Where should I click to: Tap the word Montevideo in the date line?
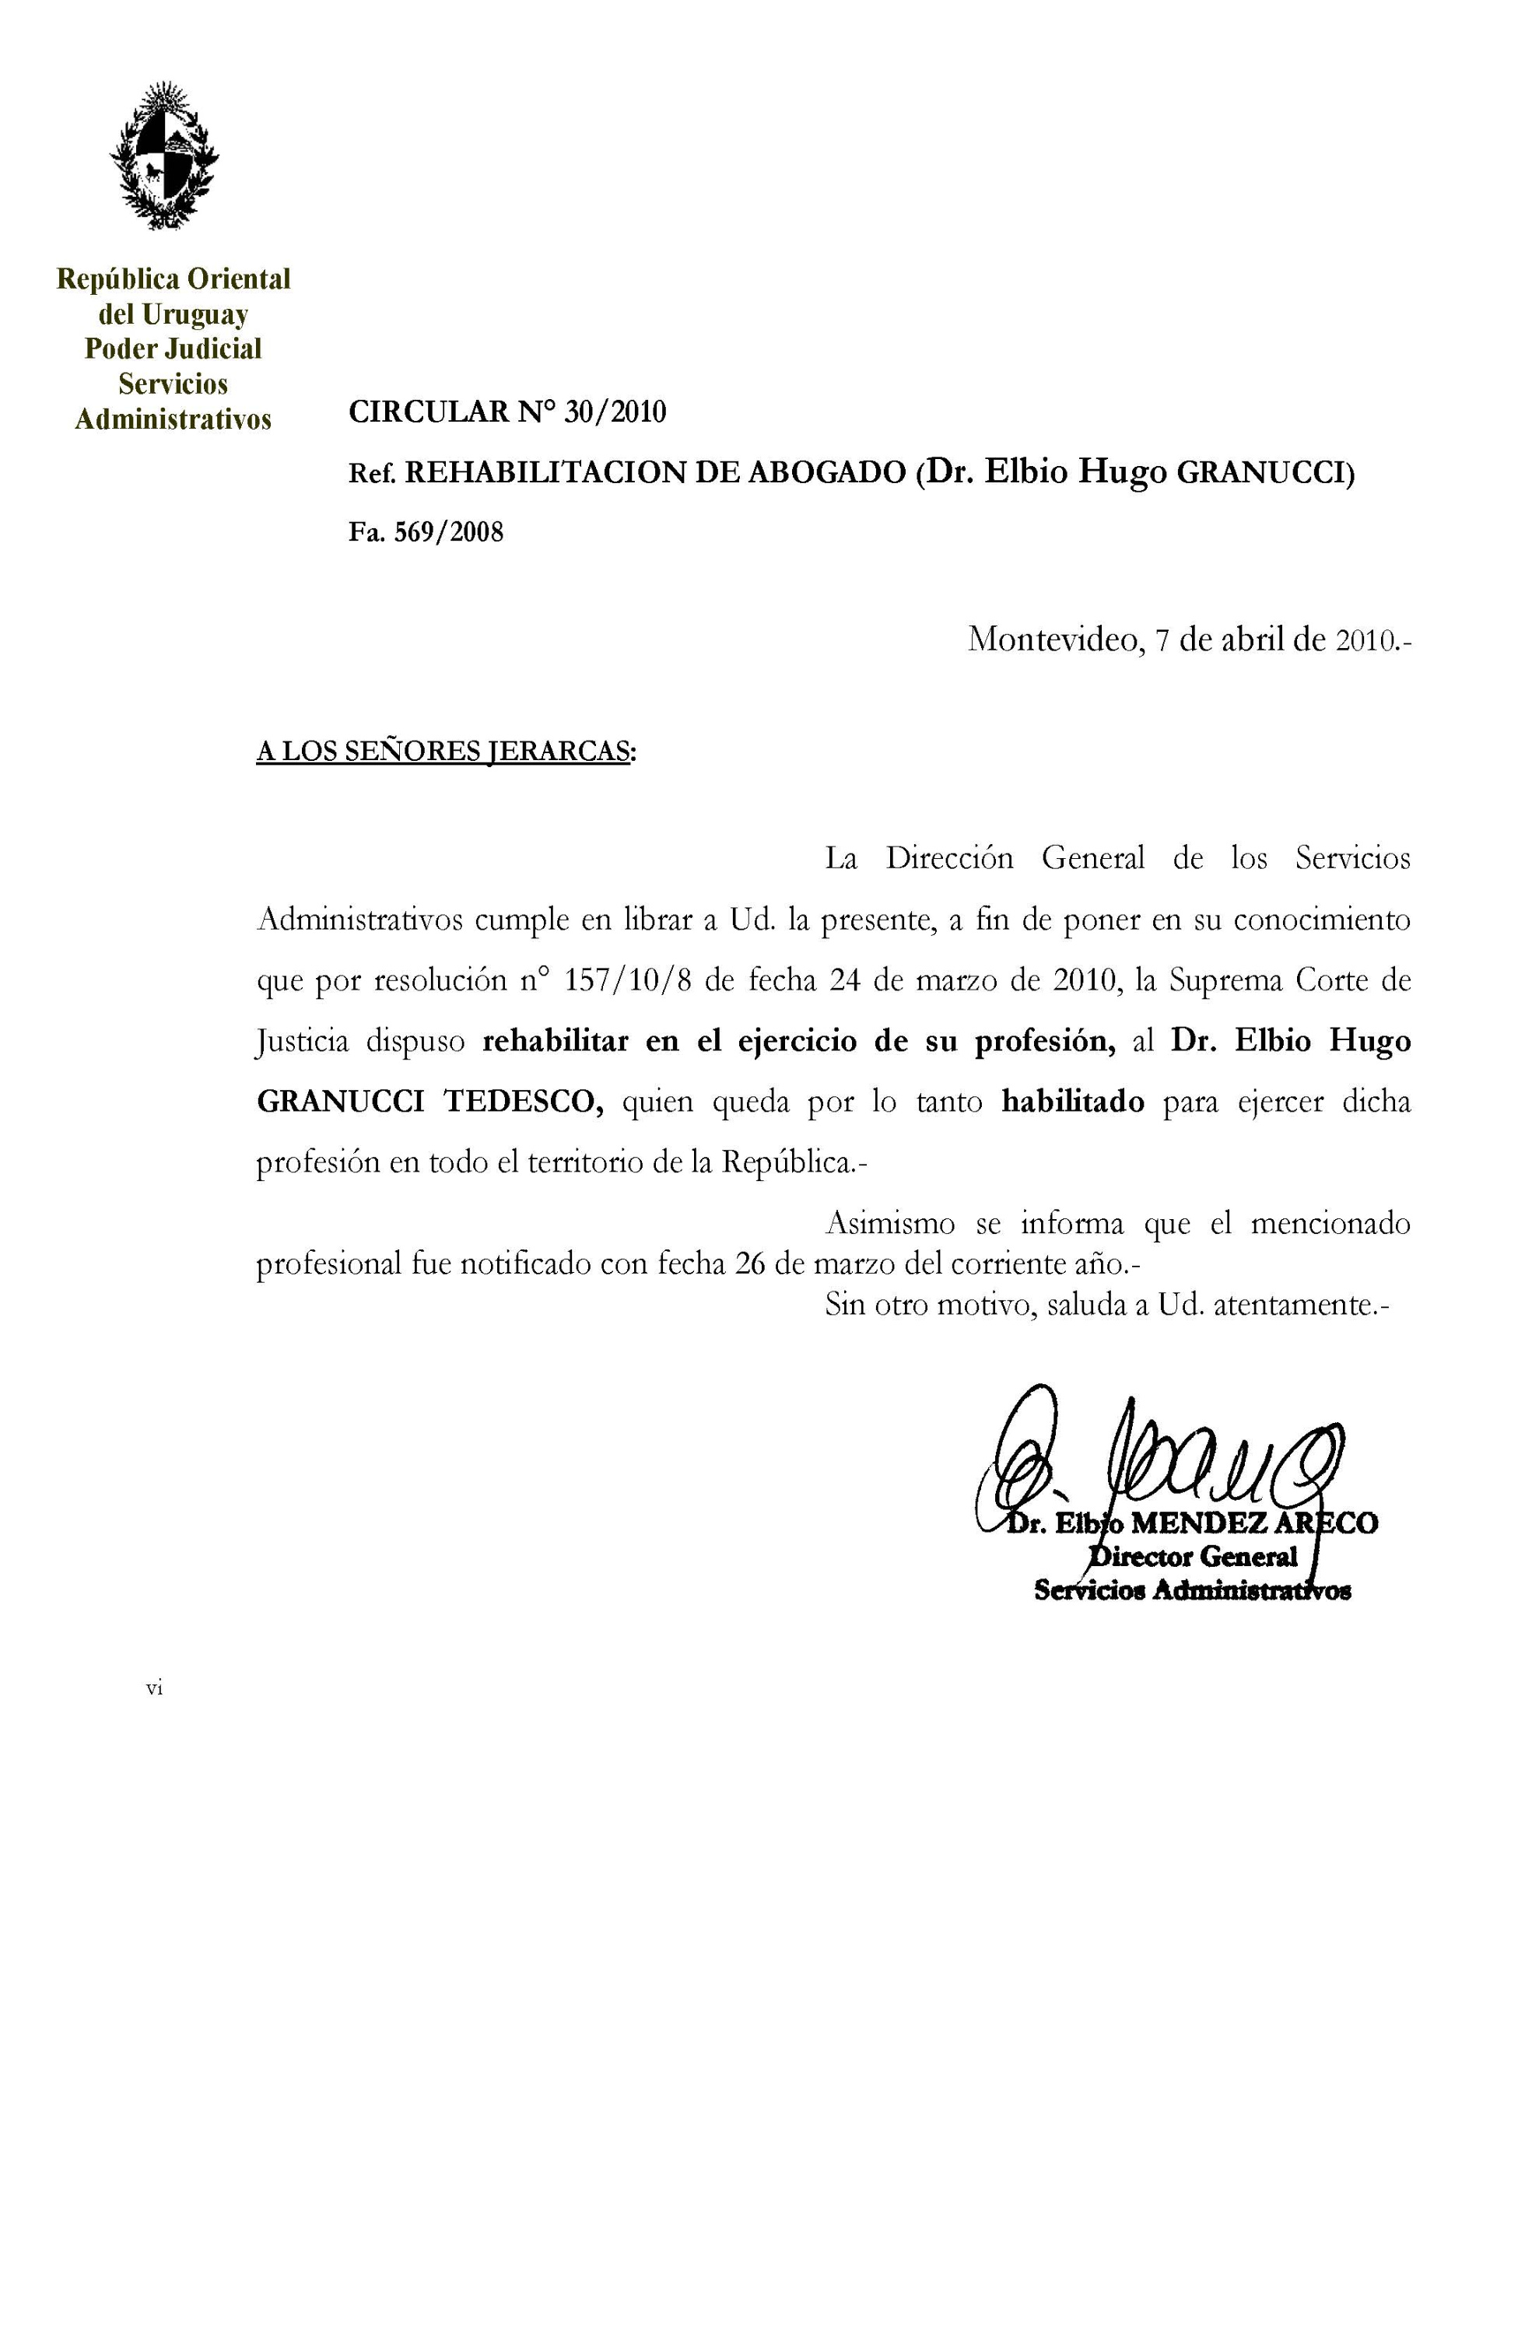[x=1054, y=640]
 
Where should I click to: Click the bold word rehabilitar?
[x=555, y=1042]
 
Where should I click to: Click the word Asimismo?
[x=889, y=1224]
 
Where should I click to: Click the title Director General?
[x=1194, y=1557]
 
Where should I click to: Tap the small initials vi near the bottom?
[x=154, y=1688]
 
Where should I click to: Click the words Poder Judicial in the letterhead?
[x=174, y=349]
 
